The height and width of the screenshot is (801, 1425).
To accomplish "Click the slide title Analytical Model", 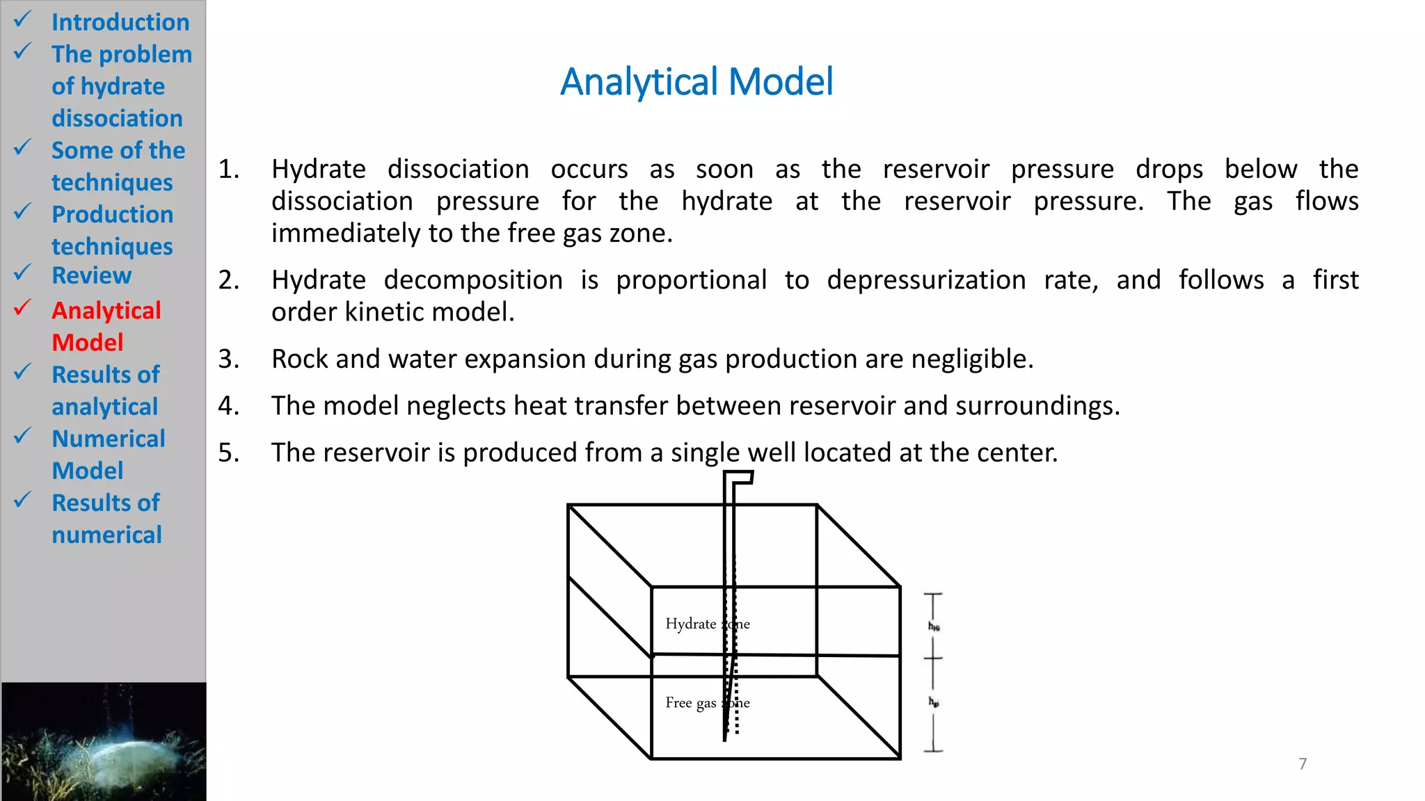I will (x=696, y=82).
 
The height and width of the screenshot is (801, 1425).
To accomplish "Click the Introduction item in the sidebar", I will (x=120, y=22).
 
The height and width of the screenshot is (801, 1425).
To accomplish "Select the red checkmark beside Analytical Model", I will (x=23, y=307).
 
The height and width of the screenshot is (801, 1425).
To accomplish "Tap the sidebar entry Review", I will (x=91, y=276).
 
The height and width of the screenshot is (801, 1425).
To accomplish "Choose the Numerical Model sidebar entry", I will (x=108, y=454).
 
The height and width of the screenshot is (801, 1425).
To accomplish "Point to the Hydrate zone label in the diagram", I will (x=707, y=624).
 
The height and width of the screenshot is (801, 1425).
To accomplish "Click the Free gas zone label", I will (x=707, y=703).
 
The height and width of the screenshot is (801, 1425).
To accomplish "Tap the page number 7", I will (x=1303, y=763).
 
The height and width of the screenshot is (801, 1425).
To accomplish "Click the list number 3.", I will (x=228, y=359).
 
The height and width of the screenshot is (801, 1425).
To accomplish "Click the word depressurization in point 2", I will (x=926, y=280).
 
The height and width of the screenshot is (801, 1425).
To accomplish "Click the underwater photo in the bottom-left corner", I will (x=104, y=741).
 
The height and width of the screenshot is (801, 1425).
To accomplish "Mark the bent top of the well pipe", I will (x=739, y=478).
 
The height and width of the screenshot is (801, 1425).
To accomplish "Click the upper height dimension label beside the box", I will (x=934, y=626).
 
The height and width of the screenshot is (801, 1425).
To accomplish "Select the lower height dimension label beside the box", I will (x=934, y=702).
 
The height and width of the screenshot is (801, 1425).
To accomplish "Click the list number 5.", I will (x=228, y=453).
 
